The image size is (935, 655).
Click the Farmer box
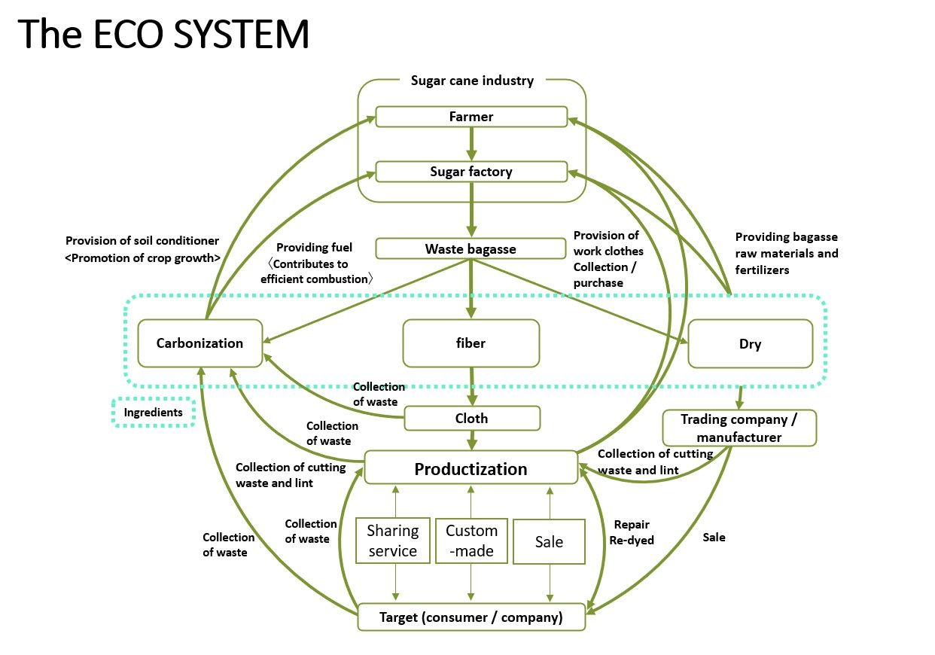point(471,117)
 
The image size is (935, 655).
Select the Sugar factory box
point(471,172)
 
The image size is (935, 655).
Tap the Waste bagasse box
point(471,248)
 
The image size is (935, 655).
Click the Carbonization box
point(199,343)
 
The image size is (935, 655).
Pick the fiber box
point(471,343)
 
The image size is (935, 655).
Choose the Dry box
point(750,344)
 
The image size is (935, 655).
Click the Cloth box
point(472,418)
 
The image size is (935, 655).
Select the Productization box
point(471,468)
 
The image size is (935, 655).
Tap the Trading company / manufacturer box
point(739,428)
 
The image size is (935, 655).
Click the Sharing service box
point(392,541)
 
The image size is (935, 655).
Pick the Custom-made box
point(471,541)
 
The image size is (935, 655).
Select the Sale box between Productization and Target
point(549,541)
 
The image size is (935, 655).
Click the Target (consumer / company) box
point(471,617)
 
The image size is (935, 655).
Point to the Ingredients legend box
point(154,413)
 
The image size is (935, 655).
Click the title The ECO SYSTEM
point(163,35)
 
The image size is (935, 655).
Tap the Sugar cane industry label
point(472,81)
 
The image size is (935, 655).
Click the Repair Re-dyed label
point(632,532)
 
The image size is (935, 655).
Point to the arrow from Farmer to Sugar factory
point(471,144)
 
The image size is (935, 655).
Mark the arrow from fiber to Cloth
point(472,386)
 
